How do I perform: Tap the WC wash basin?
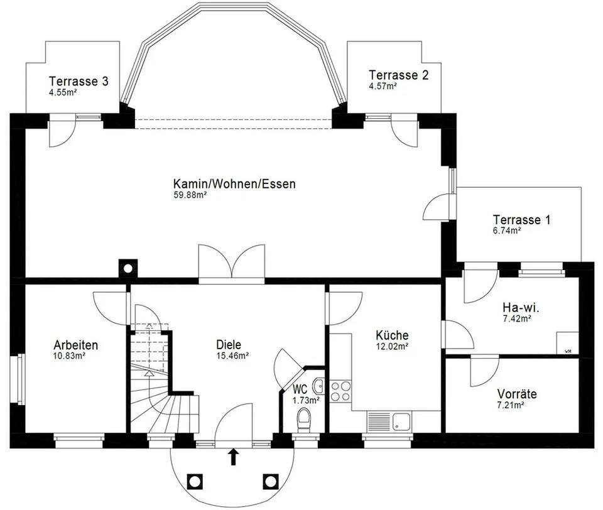(319, 386)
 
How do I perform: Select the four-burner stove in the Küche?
(340, 391)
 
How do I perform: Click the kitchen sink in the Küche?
(389, 420)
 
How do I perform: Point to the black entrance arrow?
(233, 457)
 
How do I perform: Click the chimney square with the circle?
(128, 268)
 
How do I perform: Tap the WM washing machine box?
(567, 342)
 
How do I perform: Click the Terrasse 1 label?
(521, 220)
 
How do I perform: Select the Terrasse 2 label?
(398, 75)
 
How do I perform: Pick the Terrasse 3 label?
(79, 81)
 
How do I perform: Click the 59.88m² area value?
(190, 195)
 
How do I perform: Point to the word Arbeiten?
(76, 345)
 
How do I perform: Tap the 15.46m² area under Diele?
(232, 355)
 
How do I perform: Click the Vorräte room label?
(516, 394)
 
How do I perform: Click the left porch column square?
(195, 481)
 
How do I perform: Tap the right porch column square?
(271, 481)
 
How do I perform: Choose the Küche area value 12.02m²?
(392, 346)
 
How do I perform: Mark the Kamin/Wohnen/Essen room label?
(234, 183)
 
